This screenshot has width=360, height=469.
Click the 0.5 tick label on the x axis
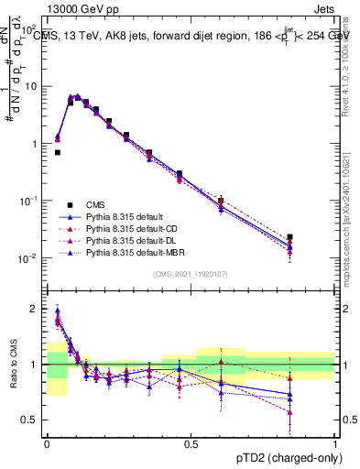[191, 443]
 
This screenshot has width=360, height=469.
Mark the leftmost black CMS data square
[58, 152]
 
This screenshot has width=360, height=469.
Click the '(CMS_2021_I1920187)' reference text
[191, 275]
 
